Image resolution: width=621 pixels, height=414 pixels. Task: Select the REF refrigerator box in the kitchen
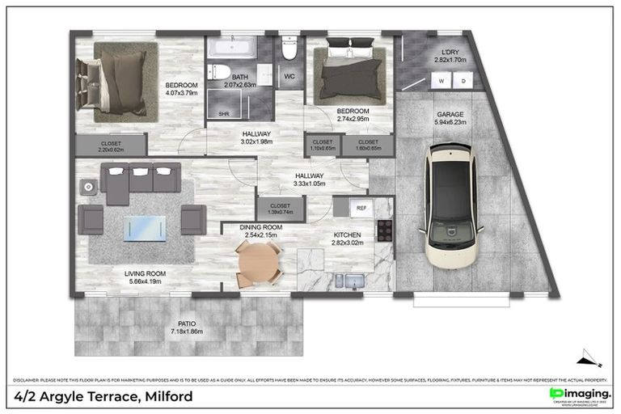click(x=361, y=208)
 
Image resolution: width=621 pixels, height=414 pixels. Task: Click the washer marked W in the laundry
click(x=441, y=81)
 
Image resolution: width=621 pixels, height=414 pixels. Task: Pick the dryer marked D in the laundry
click(x=463, y=81)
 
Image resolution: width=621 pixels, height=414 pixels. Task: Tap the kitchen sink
click(x=349, y=281)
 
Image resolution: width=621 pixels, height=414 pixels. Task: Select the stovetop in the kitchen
click(x=384, y=233)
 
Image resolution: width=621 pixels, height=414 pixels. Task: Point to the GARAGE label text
click(x=450, y=115)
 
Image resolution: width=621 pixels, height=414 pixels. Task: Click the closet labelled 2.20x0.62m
click(x=112, y=146)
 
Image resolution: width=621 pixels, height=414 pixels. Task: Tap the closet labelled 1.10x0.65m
click(x=323, y=146)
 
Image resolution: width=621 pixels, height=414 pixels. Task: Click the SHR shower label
click(x=223, y=114)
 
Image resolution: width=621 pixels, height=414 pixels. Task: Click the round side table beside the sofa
click(x=87, y=187)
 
